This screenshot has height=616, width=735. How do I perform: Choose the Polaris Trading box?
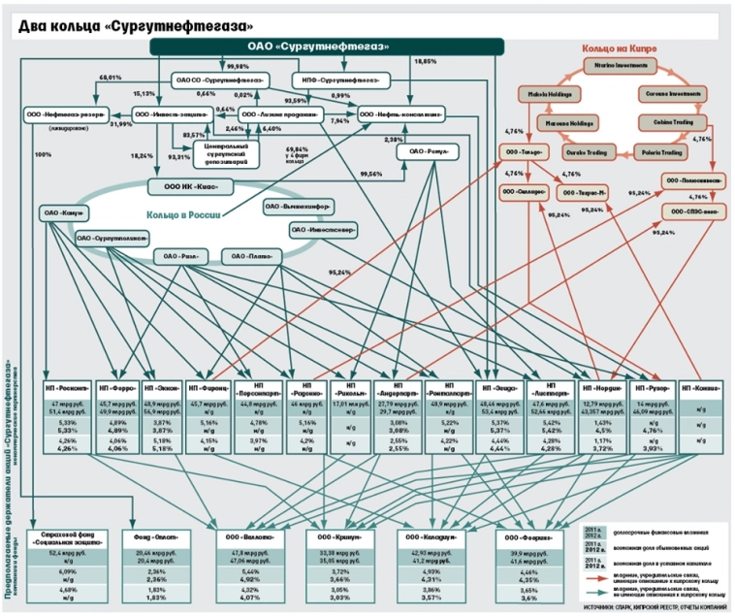click(x=660, y=153)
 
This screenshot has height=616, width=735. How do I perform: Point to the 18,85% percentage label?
click(x=426, y=62)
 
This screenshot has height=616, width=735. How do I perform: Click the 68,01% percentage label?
click(x=110, y=76)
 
